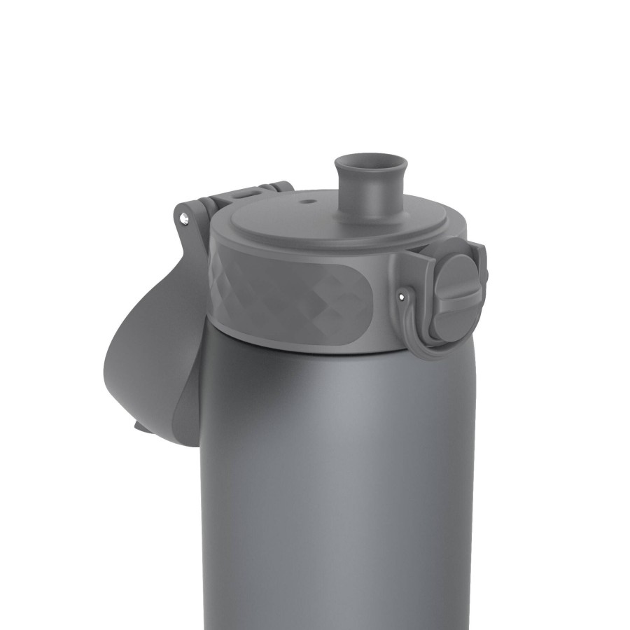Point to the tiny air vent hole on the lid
click(x=306, y=202)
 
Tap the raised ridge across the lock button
click(x=458, y=294)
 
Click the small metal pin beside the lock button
click(x=401, y=295)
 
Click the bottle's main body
click(x=336, y=490)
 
